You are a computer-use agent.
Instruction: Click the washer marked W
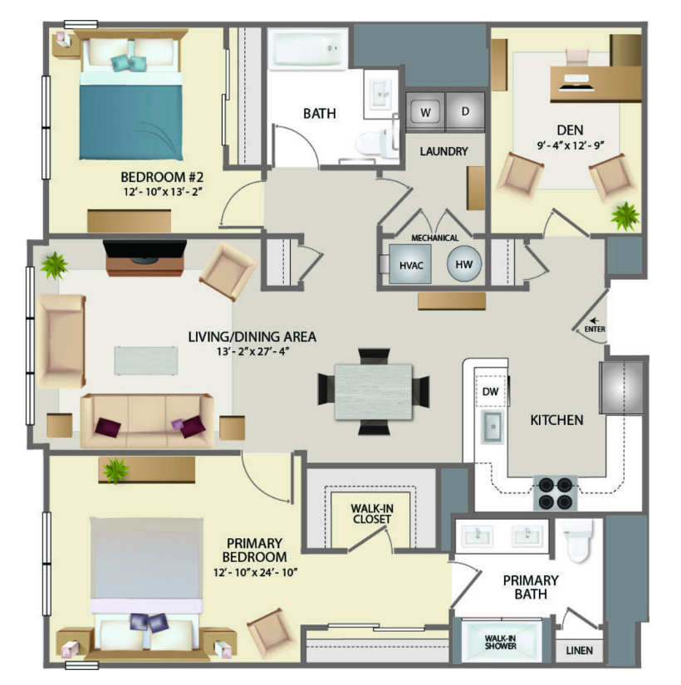426,111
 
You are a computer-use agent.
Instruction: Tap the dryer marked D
465,111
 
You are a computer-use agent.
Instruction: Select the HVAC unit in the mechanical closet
410,264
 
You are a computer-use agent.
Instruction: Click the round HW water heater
464,264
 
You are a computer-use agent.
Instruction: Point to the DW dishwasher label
491,391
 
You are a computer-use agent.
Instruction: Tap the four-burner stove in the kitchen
555,493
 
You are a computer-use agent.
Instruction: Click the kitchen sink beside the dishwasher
492,427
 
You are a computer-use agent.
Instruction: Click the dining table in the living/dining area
374,392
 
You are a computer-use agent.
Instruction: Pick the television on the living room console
145,250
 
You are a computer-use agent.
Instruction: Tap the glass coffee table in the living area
146,360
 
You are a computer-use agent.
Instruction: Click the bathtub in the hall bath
308,49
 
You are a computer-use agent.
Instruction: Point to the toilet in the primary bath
577,541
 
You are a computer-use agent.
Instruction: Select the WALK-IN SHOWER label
501,642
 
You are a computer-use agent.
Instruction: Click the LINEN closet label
579,650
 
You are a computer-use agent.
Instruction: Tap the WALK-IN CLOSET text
372,514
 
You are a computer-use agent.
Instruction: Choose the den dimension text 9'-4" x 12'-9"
571,145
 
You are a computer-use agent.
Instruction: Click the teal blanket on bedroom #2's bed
130,122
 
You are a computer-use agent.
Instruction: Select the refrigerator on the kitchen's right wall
621,388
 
